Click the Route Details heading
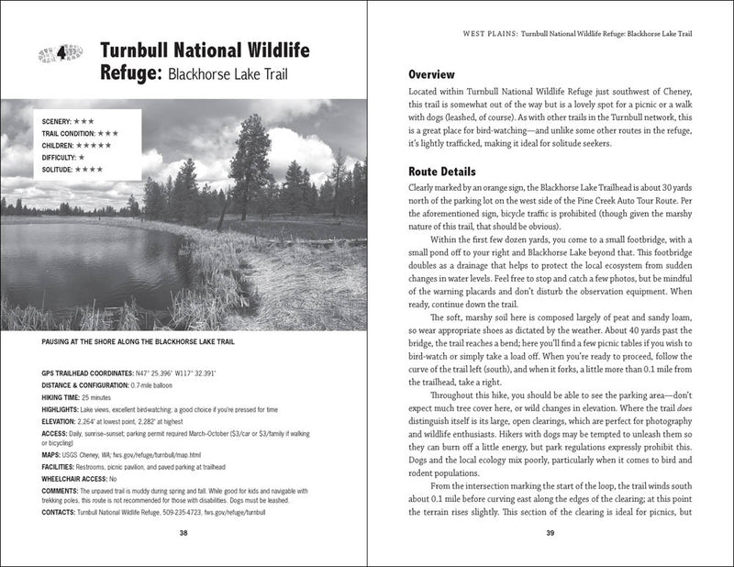click(x=441, y=172)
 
